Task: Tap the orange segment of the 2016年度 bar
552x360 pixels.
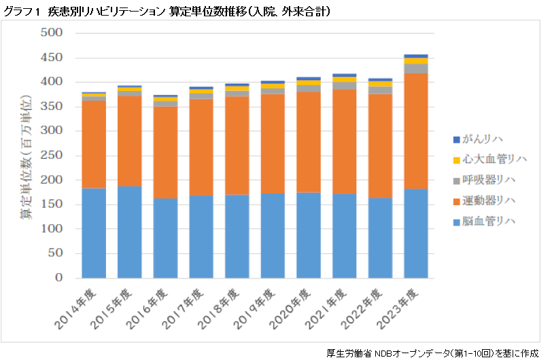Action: (x=165, y=152)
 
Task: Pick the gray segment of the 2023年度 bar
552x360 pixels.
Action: (x=415, y=68)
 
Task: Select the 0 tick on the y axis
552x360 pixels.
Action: (x=59, y=278)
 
